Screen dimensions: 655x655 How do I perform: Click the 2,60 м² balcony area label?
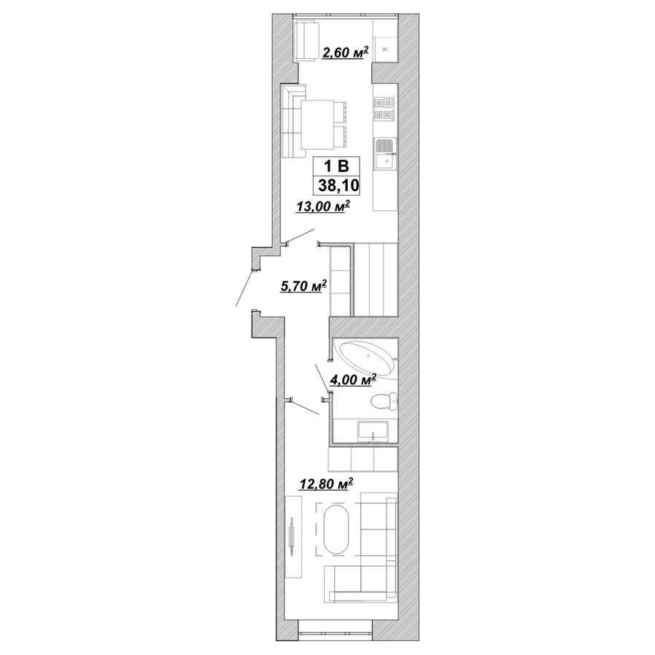[345, 53]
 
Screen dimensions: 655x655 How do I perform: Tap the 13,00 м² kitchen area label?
[322, 206]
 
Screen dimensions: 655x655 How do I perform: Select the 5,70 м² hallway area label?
[303, 286]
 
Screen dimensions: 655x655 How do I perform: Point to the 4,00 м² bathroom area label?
[353, 380]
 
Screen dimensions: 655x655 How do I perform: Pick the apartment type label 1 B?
[337, 166]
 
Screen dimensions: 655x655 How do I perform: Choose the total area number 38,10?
[338, 185]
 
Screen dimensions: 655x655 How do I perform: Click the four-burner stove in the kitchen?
[384, 109]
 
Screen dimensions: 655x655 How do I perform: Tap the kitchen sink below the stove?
[384, 155]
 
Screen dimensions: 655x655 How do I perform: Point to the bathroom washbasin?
[373, 431]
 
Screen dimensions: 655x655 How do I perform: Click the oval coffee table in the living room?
[336, 530]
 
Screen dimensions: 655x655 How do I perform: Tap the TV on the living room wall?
[292, 536]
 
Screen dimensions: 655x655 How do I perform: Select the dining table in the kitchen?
[317, 124]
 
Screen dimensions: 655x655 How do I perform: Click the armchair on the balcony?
[306, 42]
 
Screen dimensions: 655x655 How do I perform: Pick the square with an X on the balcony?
[385, 50]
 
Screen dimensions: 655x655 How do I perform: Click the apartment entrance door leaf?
[245, 289]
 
